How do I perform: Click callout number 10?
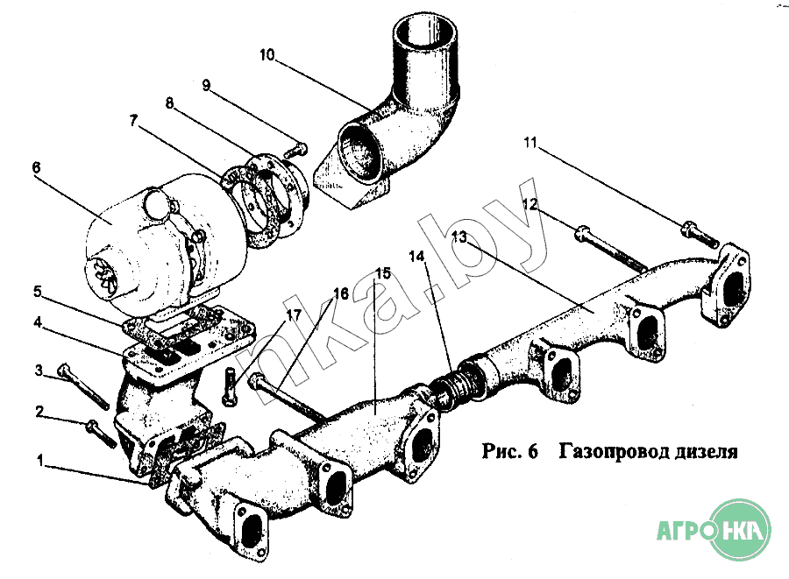pos(267,55)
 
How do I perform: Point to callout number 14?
pos(417,256)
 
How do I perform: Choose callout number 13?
pos(460,237)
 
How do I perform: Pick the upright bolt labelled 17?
pos(230,389)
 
